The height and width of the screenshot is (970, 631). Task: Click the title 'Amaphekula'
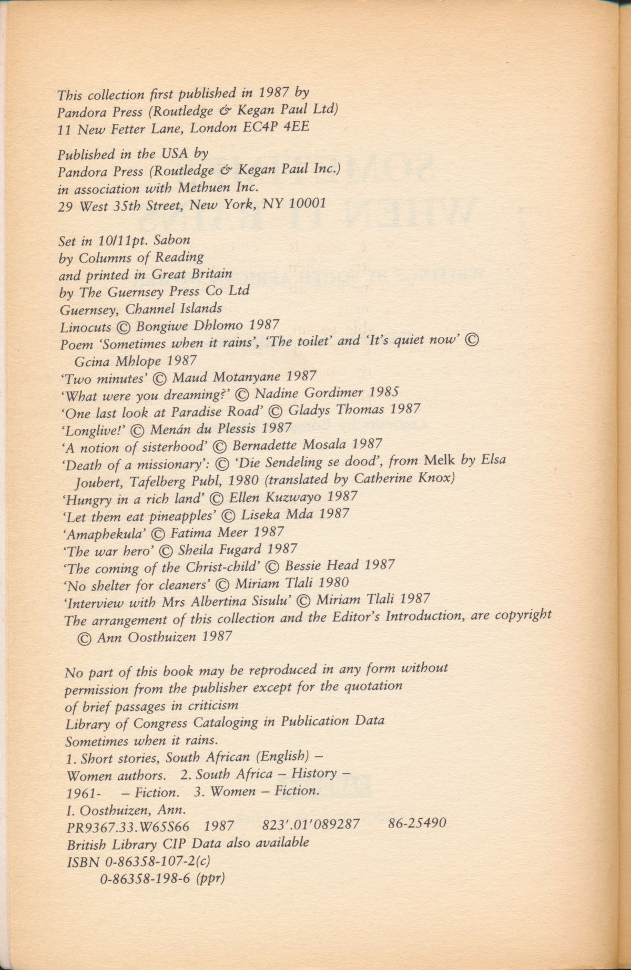(x=104, y=534)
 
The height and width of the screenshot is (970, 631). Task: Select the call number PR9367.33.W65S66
(x=128, y=826)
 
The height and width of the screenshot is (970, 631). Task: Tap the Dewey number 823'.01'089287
(x=310, y=824)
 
